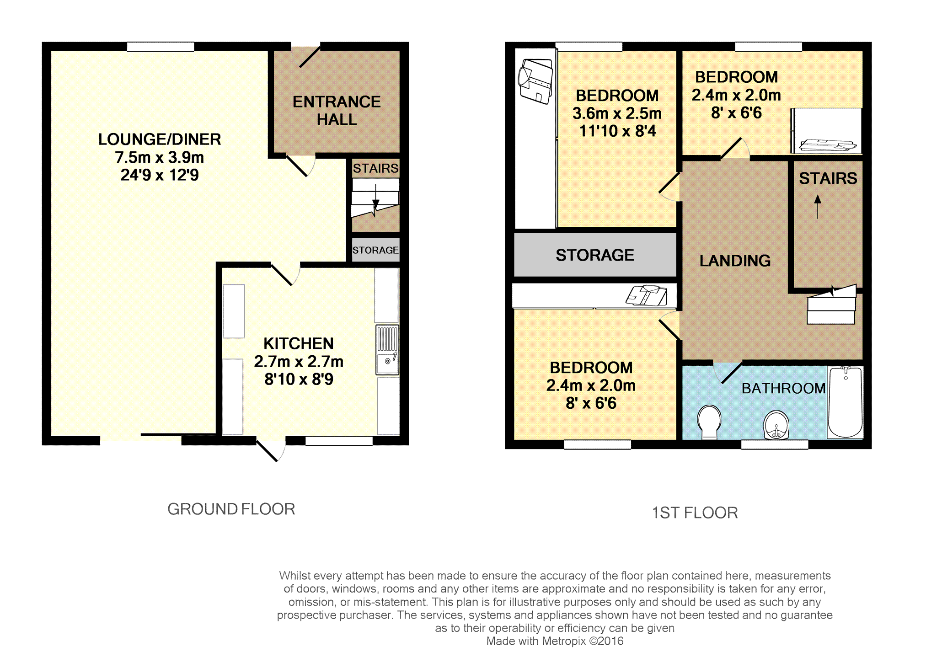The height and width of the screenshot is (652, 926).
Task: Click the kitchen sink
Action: (387, 350)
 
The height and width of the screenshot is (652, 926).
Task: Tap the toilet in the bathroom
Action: (709, 422)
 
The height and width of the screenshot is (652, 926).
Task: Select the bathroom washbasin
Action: (776, 424)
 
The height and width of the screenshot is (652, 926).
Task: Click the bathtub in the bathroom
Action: (846, 402)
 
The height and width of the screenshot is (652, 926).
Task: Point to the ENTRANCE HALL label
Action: (337, 110)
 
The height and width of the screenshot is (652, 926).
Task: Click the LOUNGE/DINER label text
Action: (160, 139)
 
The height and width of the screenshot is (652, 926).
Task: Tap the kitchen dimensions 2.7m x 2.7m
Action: (299, 361)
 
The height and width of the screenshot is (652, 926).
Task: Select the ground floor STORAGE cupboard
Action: (375, 250)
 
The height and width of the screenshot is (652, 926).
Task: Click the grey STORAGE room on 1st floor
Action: (595, 255)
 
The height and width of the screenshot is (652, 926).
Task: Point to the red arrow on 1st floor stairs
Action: (818, 207)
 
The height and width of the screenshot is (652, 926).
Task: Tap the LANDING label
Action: (735, 261)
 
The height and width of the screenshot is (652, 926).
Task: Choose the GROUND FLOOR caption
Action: (231, 509)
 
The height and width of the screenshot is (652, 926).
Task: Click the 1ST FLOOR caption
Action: (695, 513)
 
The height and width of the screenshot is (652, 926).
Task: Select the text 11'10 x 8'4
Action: (617, 131)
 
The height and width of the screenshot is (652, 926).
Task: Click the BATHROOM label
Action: (783, 388)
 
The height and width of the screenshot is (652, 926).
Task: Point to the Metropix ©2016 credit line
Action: (555, 641)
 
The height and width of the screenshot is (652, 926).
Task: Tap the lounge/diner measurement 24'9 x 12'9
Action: (160, 175)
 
